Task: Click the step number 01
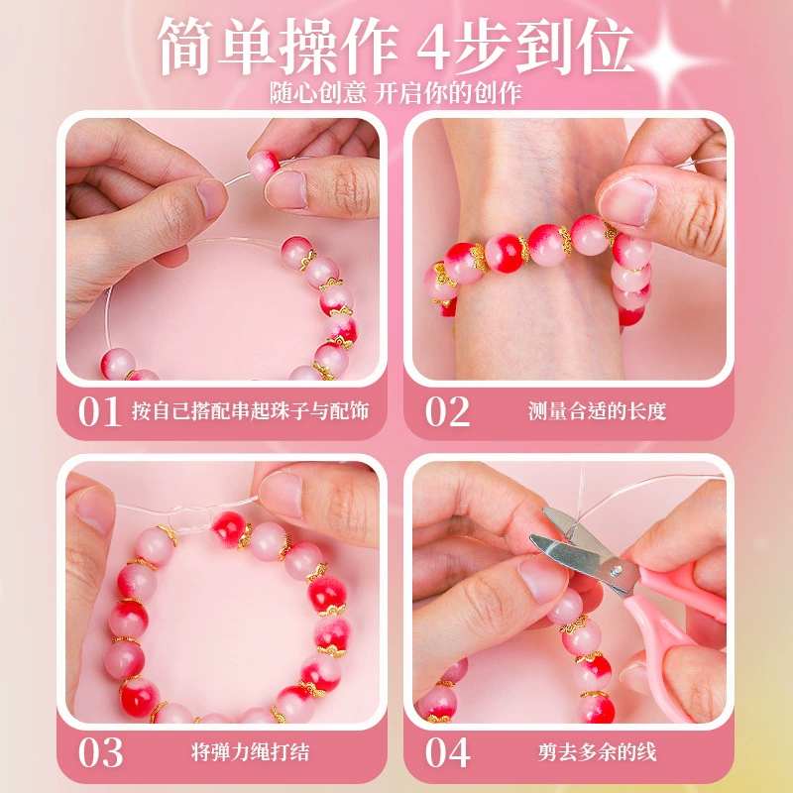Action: (x=99, y=411)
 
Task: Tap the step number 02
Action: (x=448, y=411)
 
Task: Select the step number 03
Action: (x=101, y=752)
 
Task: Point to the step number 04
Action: (x=448, y=752)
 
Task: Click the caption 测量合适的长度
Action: (x=598, y=411)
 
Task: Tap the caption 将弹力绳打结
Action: (x=251, y=752)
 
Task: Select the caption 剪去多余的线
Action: (x=598, y=752)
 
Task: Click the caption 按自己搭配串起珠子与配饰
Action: (x=251, y=411)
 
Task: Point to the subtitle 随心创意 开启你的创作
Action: (x=396, y=93)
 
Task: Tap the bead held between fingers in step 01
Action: (x=263, y=166)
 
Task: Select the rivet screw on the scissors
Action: (x=615, y=572)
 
